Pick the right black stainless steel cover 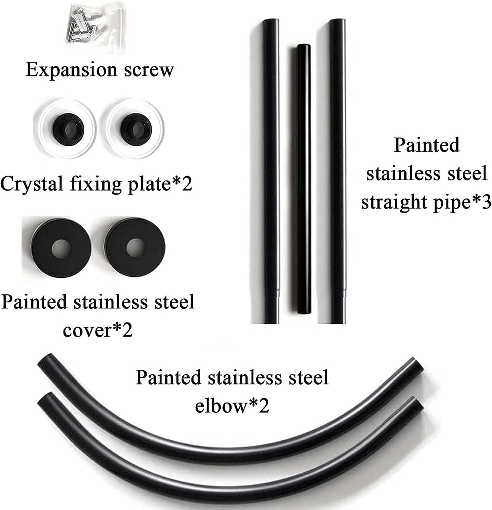[x=134, y=248]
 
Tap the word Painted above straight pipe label [x=427, y=145]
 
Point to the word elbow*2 [x=232, y=405]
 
